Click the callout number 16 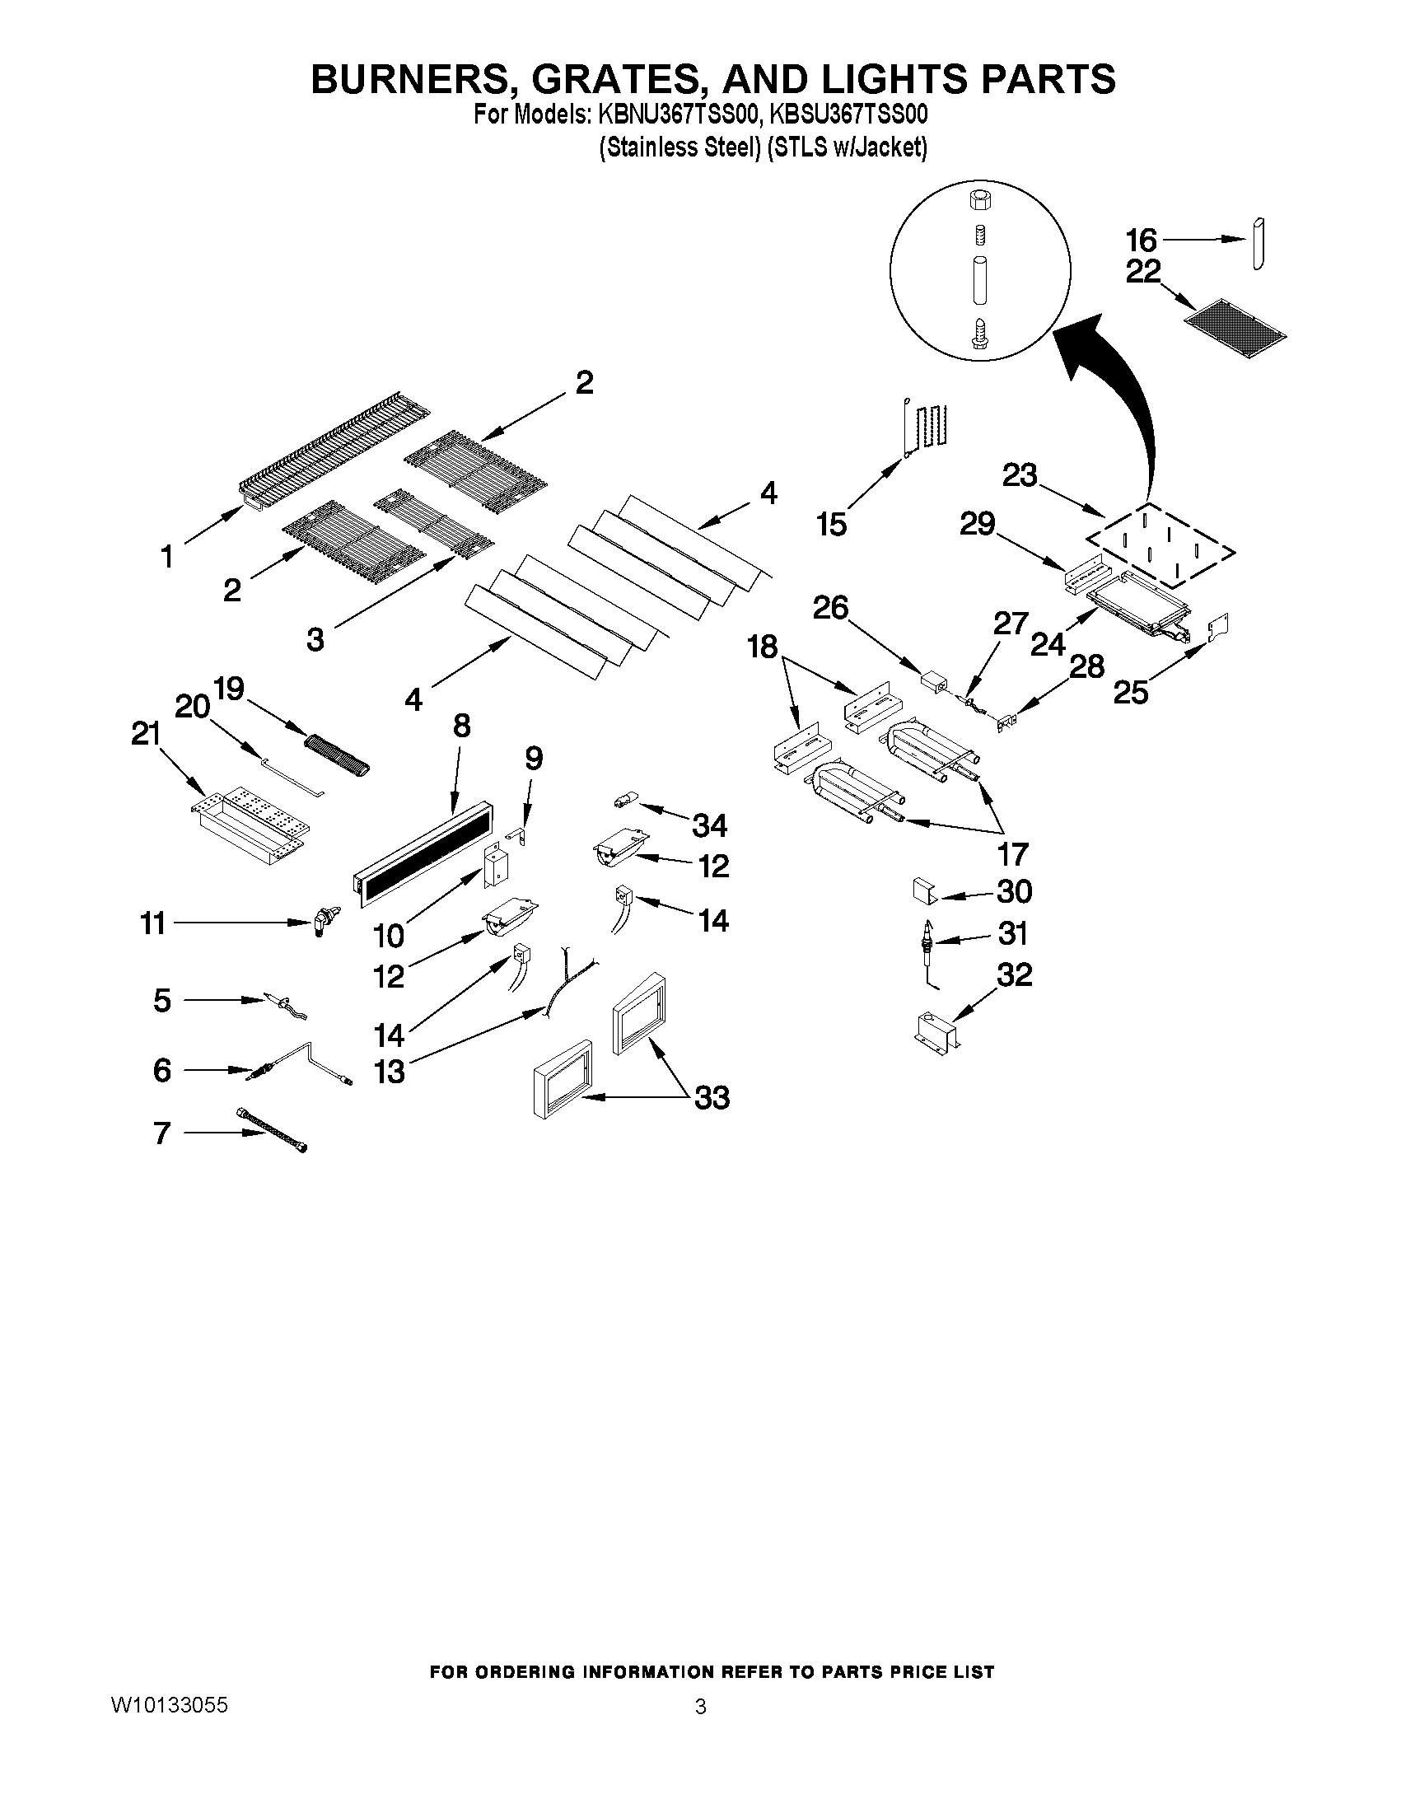(1141, 240)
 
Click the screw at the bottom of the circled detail (978, 334)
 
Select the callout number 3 (315, 639)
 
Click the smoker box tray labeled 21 (249, 822)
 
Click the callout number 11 (152, 923)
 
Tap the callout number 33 (712, 1097)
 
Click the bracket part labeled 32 (936, 1032)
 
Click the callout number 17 (1012, 853)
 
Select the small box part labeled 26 (934, 682)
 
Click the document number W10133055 (169, 1705)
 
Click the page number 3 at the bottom (700, 1707)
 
